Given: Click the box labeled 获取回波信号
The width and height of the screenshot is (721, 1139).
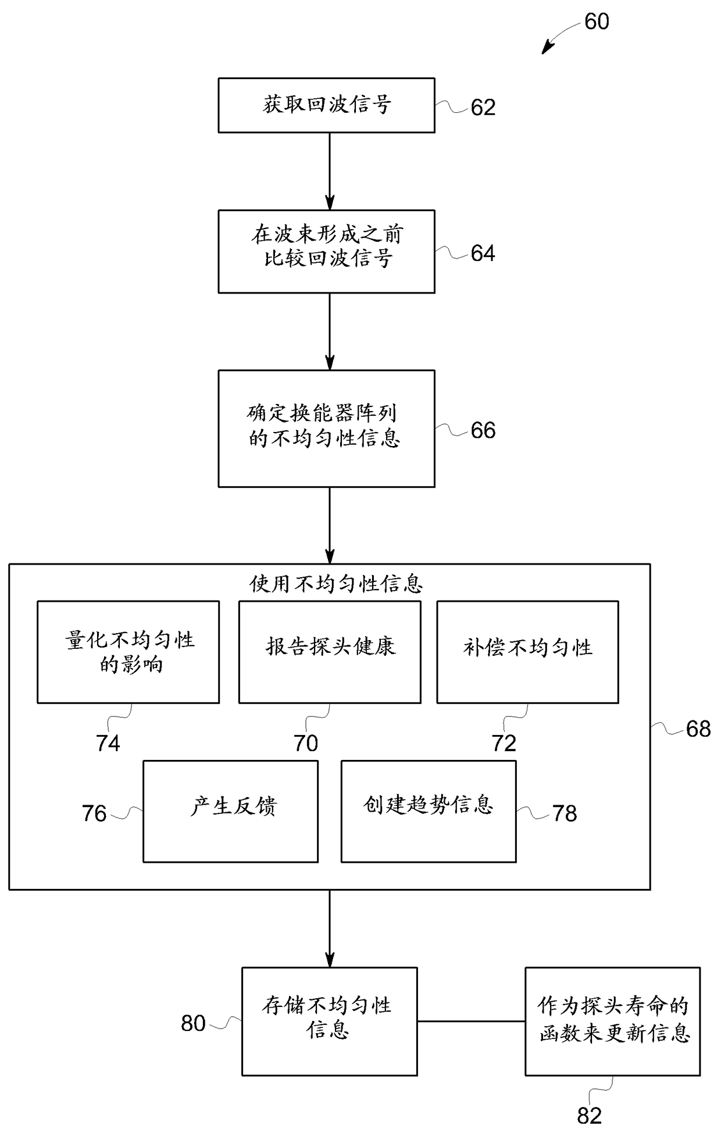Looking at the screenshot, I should pyautogui.click(x=326, y=105).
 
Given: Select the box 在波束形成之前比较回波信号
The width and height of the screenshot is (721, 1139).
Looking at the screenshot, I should pyautogui.click(x=326, y=251).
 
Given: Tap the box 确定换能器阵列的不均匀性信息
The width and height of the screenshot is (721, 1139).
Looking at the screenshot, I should pyautogui.click(x=326, y=429).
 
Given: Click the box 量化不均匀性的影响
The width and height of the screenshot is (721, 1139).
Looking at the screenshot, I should pyautogui.click(x=128, y=652).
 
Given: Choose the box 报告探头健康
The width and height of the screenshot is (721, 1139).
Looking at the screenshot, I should pyautogui.click(x=330, y=652).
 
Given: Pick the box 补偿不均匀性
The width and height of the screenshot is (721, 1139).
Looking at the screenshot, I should pyautogui.click(x=527, y=652).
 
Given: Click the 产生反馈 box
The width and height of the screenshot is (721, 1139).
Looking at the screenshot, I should pyautogui.click(x=230, y=811).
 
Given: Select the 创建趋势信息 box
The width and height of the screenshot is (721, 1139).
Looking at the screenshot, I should pyautogui.click(x=428, y=811).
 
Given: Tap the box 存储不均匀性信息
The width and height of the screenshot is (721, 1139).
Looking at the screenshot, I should pyautogui.click(x=329, y=1021).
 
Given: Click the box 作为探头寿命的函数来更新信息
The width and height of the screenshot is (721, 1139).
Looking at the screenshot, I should pyautogui.click(x=612, y=1021).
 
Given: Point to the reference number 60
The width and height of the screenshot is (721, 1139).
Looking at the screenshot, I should pyautogui.click(x=597, y=22).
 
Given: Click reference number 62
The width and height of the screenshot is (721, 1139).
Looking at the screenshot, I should pyautogui.click(x=483, y=108).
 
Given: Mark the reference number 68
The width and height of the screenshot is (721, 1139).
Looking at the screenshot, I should pyautogui.click(x=698, y=729).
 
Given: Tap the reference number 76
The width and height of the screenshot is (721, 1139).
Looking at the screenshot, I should pyautogui.click(x=94, y=813).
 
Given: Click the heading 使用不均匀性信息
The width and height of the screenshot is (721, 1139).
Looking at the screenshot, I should pyautogui.click(x=336, y=583).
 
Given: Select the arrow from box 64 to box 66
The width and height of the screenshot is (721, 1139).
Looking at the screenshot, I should pyautogui.click(x=330, y=331).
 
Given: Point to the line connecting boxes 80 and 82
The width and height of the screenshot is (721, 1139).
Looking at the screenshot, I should pyautogui.click(x=471, y=1021).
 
